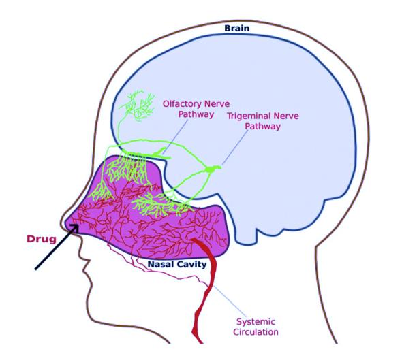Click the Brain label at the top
coord(236,28)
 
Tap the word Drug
coord(42,239)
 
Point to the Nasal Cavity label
coord(177,264)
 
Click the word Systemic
coord(256,322)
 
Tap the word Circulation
coord(256,332)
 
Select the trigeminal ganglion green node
coord(213,169)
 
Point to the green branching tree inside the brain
coord(138,105)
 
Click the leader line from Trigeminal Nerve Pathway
coord(235,147)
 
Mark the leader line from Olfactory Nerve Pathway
coord(175,137)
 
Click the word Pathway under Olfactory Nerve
coord(196,114)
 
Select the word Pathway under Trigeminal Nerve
coord(263,126)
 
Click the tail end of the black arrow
coord(35,269)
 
